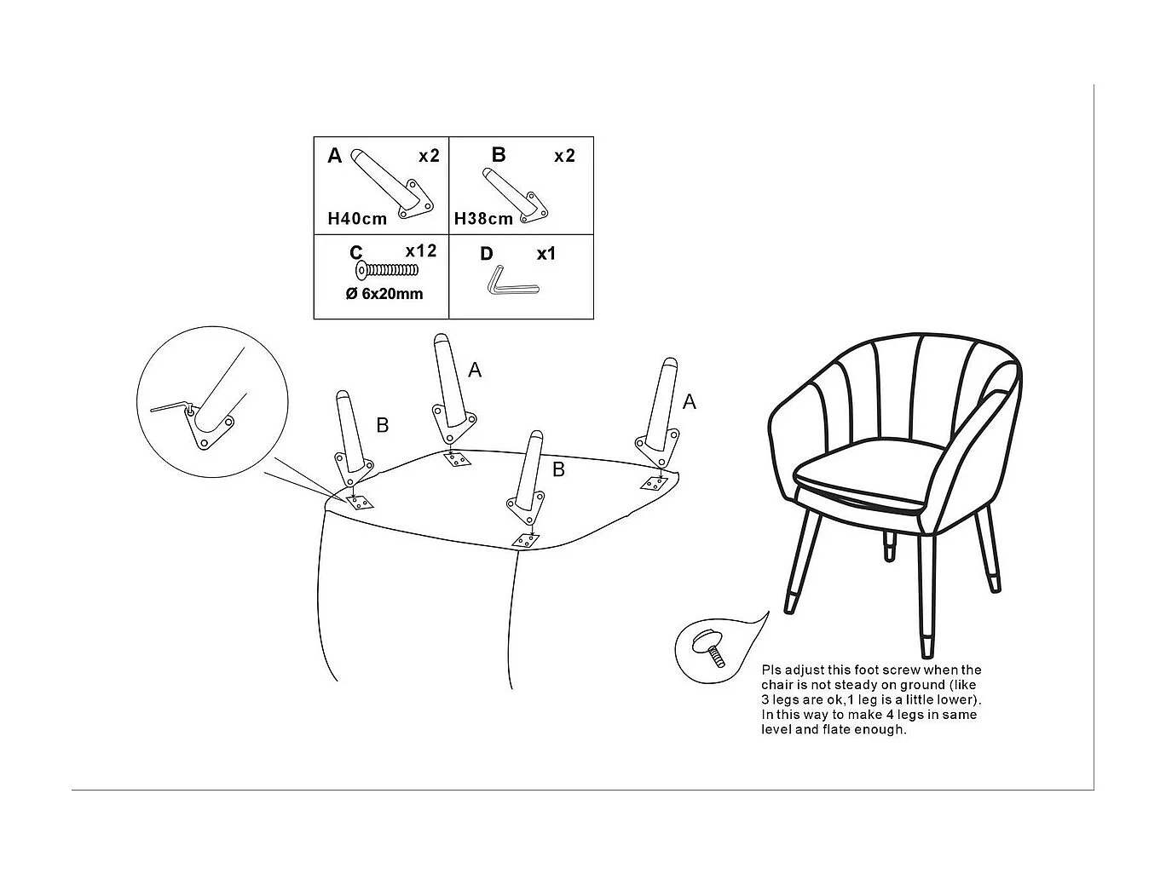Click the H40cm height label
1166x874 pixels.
(x=357, y=219)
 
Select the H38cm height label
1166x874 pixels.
(x=483, y=219)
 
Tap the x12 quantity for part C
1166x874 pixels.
(x=421, y=250)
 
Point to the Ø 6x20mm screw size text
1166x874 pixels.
(x=384, y=293)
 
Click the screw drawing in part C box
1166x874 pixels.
(x=387, y=271)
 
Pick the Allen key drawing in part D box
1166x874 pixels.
(x=512, y=281)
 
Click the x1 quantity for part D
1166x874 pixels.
(x=545, y=254)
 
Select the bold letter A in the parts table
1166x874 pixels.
(x=335, y=156)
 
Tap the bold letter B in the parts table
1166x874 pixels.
(x=499, y=154)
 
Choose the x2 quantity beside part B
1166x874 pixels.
(x=564, y=156)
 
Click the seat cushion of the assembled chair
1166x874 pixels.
(x=870, y=478)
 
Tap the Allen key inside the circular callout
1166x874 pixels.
(x=173, y=407)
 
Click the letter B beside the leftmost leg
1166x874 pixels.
(x=383, y=425)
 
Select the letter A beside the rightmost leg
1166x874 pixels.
(x=689, y=402)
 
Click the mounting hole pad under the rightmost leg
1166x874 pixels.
(x=654, y=483)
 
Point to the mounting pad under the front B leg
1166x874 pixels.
(x=526, y=540)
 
